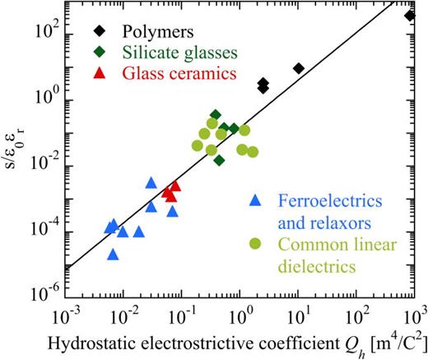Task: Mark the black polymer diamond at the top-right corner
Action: [411, 16]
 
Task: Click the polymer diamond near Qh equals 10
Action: [299, 68]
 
